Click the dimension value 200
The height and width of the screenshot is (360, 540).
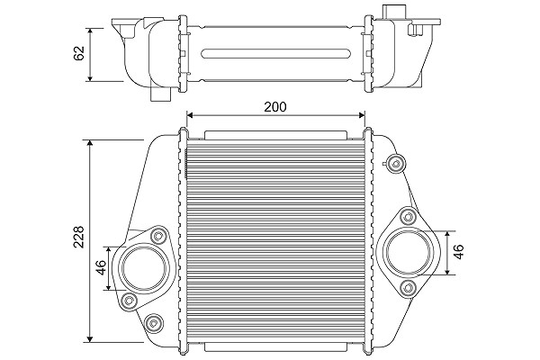point(274,107)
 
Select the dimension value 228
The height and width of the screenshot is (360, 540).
point(79,237)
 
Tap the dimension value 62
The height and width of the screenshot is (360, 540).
point(79,53)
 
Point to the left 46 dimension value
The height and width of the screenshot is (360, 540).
point(101,267)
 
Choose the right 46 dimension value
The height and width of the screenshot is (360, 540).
point(459,252)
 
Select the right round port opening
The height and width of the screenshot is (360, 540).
point(409,250)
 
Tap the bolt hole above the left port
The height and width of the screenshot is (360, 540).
point(158,236)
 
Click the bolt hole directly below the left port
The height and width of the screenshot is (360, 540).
point(129,301)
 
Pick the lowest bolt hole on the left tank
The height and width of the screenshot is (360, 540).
point(152,323)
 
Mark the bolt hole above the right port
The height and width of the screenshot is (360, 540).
point(409,217)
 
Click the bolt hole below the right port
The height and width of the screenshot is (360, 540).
point(409,287)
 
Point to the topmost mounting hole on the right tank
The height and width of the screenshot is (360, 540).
point(395,163)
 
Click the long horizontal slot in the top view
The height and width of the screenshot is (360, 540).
point(276,54)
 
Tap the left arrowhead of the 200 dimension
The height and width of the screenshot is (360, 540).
point(189,114)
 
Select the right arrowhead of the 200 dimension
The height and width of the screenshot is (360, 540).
point(362,114)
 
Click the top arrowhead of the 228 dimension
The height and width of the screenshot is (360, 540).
point(90,143)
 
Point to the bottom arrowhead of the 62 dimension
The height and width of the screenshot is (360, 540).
point(90,78)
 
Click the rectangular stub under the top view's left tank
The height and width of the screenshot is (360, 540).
point(161,94)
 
